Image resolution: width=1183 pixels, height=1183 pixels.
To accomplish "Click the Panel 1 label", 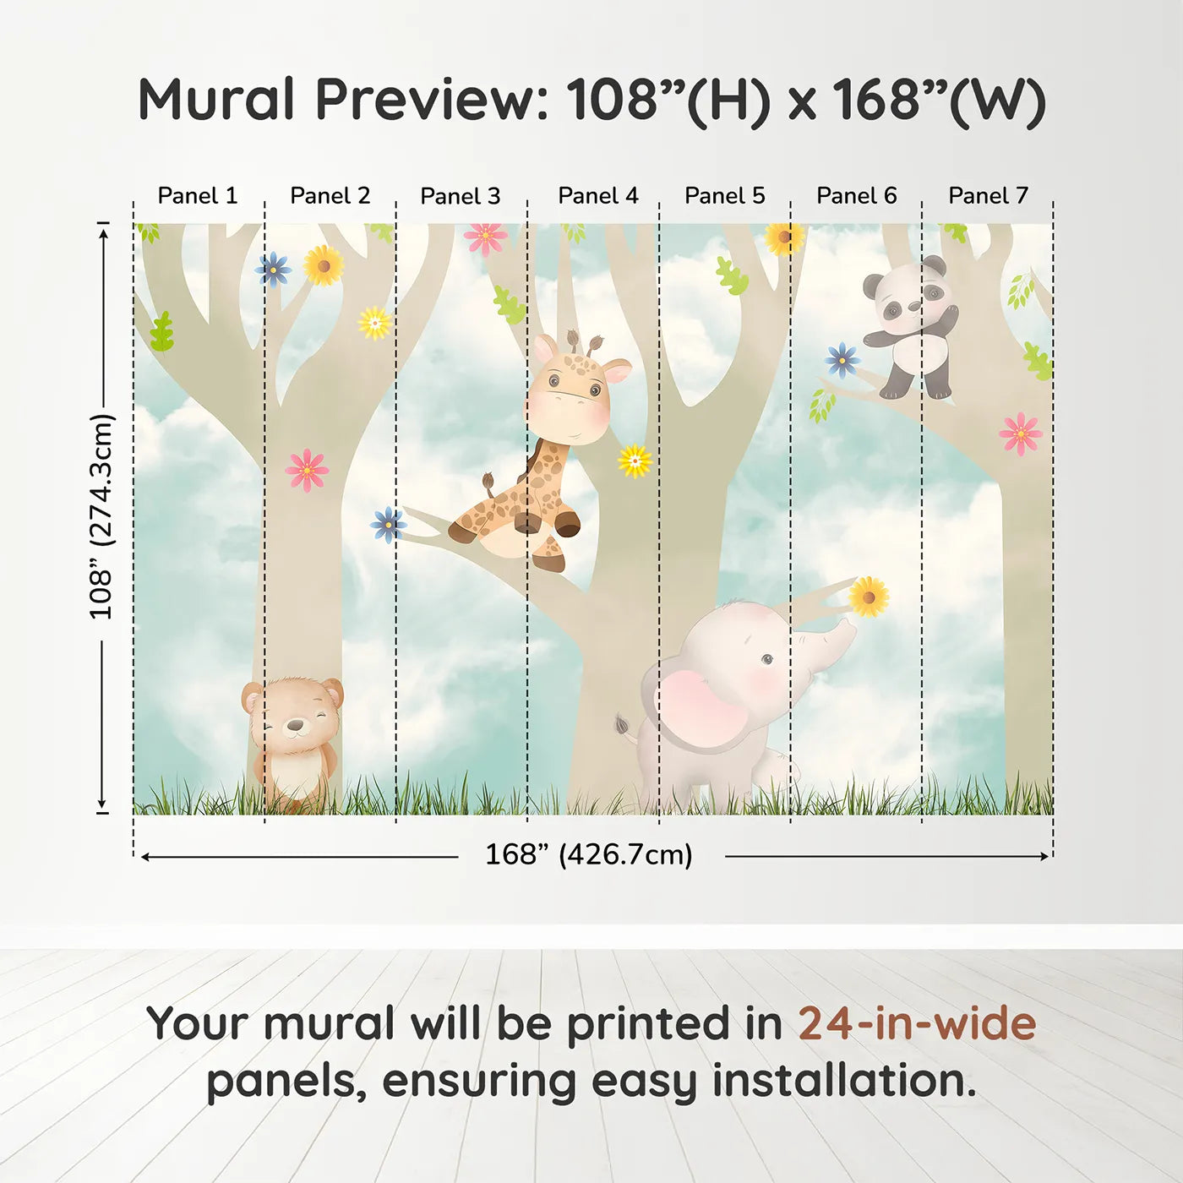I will coord(198,196).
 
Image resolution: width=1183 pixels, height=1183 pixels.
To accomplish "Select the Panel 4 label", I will coord(598,196).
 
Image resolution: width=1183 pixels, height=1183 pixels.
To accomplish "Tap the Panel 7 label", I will coord(988,196).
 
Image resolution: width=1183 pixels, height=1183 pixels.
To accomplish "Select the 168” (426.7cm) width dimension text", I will coord(589,855).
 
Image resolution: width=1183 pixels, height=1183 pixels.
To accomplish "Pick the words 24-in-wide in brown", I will coord(917,1024).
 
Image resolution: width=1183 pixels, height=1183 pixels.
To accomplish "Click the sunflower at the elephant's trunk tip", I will coord(868,597).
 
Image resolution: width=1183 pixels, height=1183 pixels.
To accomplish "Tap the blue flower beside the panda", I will coord(842,360).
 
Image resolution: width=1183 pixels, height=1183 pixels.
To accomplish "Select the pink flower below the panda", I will coord(1020,433).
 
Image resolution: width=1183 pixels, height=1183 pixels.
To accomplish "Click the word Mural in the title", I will coord(215,100).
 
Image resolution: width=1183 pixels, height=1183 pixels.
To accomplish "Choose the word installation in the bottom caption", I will coord(843,1081).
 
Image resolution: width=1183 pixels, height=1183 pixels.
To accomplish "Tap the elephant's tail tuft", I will coord(623,725).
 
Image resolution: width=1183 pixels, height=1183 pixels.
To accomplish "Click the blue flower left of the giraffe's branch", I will coord(388,524).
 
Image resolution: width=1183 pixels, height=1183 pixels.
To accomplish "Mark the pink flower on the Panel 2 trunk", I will coord(307,470).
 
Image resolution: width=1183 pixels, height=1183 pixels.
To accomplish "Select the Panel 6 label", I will coord(856,196).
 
